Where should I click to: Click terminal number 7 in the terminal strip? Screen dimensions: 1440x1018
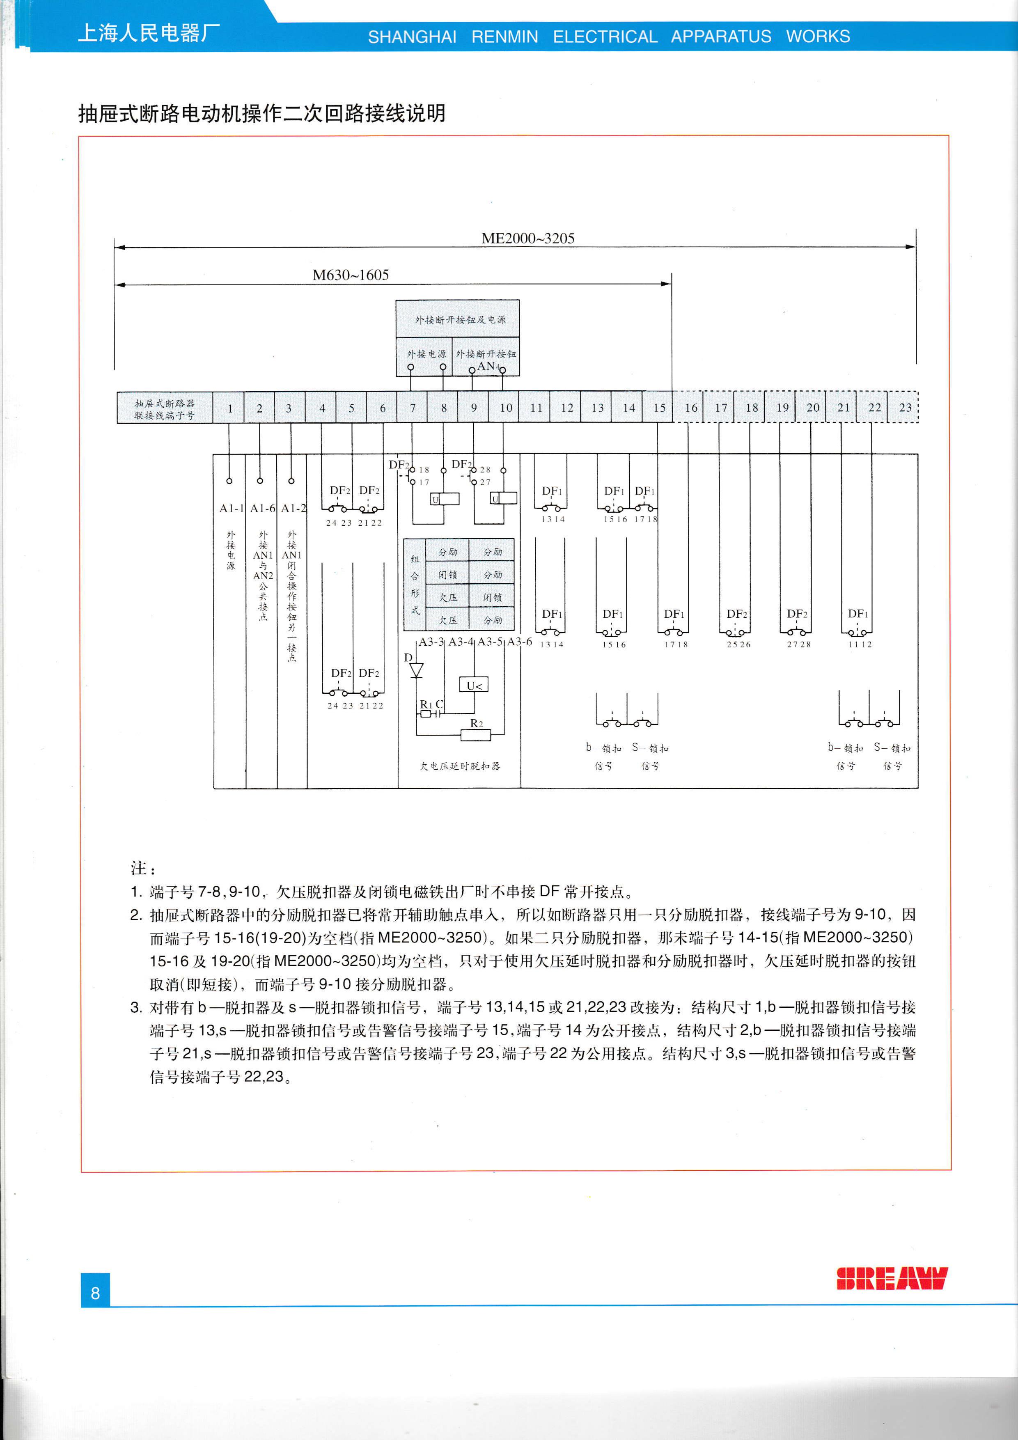tap(413, 408)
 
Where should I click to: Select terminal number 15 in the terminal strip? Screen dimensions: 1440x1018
tap(659, 408)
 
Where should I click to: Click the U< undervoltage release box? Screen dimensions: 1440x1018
tap(474, 686)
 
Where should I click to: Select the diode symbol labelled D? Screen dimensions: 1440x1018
tap(416, 670)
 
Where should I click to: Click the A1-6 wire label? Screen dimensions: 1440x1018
tap(262, 508)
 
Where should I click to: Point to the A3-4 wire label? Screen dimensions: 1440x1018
tap(461, 642)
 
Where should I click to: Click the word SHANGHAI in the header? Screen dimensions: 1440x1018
tap(412, 37)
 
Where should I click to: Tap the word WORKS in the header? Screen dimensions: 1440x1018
tap(818, 37)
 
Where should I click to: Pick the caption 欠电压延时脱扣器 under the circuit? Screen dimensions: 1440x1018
tap(460, 766)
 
